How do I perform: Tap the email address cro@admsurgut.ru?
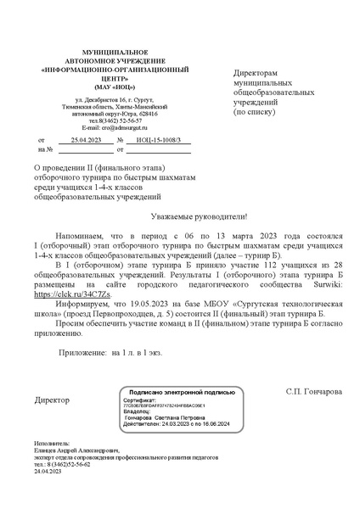tap(107, 126)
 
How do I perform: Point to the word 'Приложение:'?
tap(82, 350)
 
